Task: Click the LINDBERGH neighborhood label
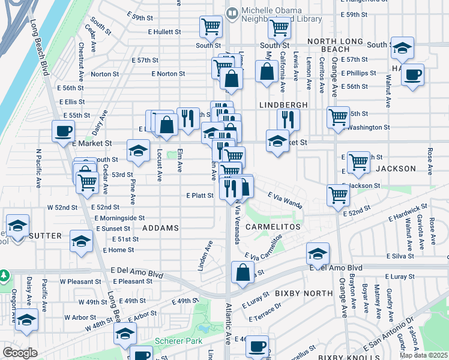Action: [283, 104]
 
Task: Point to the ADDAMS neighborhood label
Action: [161, 229]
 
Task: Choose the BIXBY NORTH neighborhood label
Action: [303, 293]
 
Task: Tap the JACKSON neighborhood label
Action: [396, 169]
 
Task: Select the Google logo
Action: [20, 353]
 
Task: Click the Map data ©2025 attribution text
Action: [424, 355]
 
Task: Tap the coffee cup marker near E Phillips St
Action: [412, 76]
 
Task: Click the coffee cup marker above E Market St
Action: [63, 131]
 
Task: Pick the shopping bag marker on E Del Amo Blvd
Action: [241, 272]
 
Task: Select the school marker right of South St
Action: [402, 48]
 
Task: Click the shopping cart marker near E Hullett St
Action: [211, 26]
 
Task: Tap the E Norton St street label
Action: [168, 74]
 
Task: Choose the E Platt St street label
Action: [200, 195]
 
